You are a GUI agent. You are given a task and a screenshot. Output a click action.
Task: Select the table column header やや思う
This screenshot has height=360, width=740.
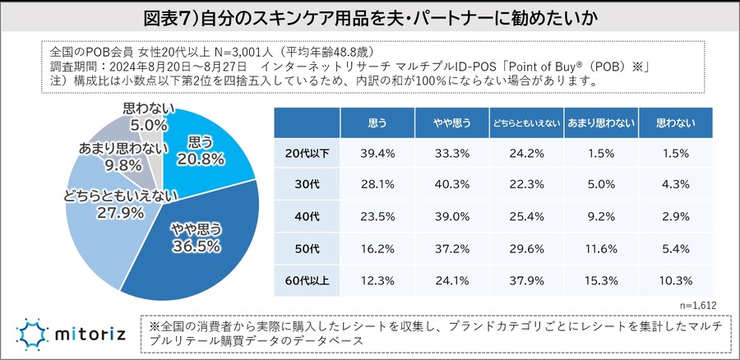point(451,123)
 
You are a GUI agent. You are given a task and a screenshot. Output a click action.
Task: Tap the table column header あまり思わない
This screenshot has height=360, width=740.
point(600,123)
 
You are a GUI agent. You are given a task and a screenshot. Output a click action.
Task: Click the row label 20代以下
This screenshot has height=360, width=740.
point(307,153)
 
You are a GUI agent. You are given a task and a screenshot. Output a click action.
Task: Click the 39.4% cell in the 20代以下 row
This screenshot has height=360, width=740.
point(377,153)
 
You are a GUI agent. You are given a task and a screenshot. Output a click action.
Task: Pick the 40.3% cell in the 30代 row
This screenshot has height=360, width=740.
point(451,185)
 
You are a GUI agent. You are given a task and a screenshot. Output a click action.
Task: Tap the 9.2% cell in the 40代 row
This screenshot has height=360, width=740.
point(600,217)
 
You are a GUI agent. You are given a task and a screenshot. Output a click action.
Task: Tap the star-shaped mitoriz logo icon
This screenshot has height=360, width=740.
point(33,333)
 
